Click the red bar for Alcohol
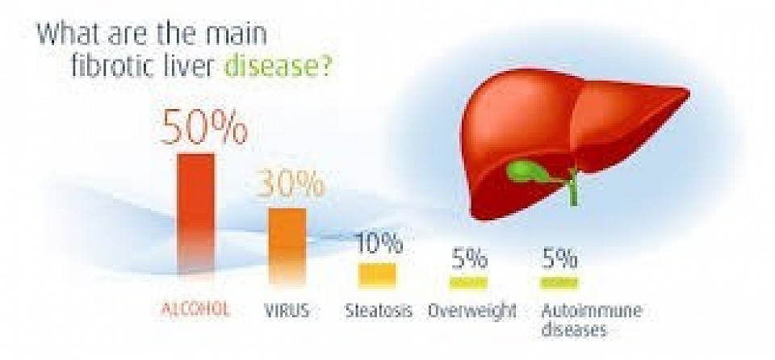196,212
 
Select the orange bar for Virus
287,245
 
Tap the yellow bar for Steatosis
378,275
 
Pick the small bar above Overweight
468,283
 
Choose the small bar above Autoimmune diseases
559,283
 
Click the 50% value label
203,127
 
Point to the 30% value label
291,185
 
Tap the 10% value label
379,243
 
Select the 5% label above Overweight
469,258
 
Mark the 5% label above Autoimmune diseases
559,258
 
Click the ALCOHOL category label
195,311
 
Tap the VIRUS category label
287,311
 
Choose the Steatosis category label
379,311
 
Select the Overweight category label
472,311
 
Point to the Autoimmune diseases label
591,320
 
